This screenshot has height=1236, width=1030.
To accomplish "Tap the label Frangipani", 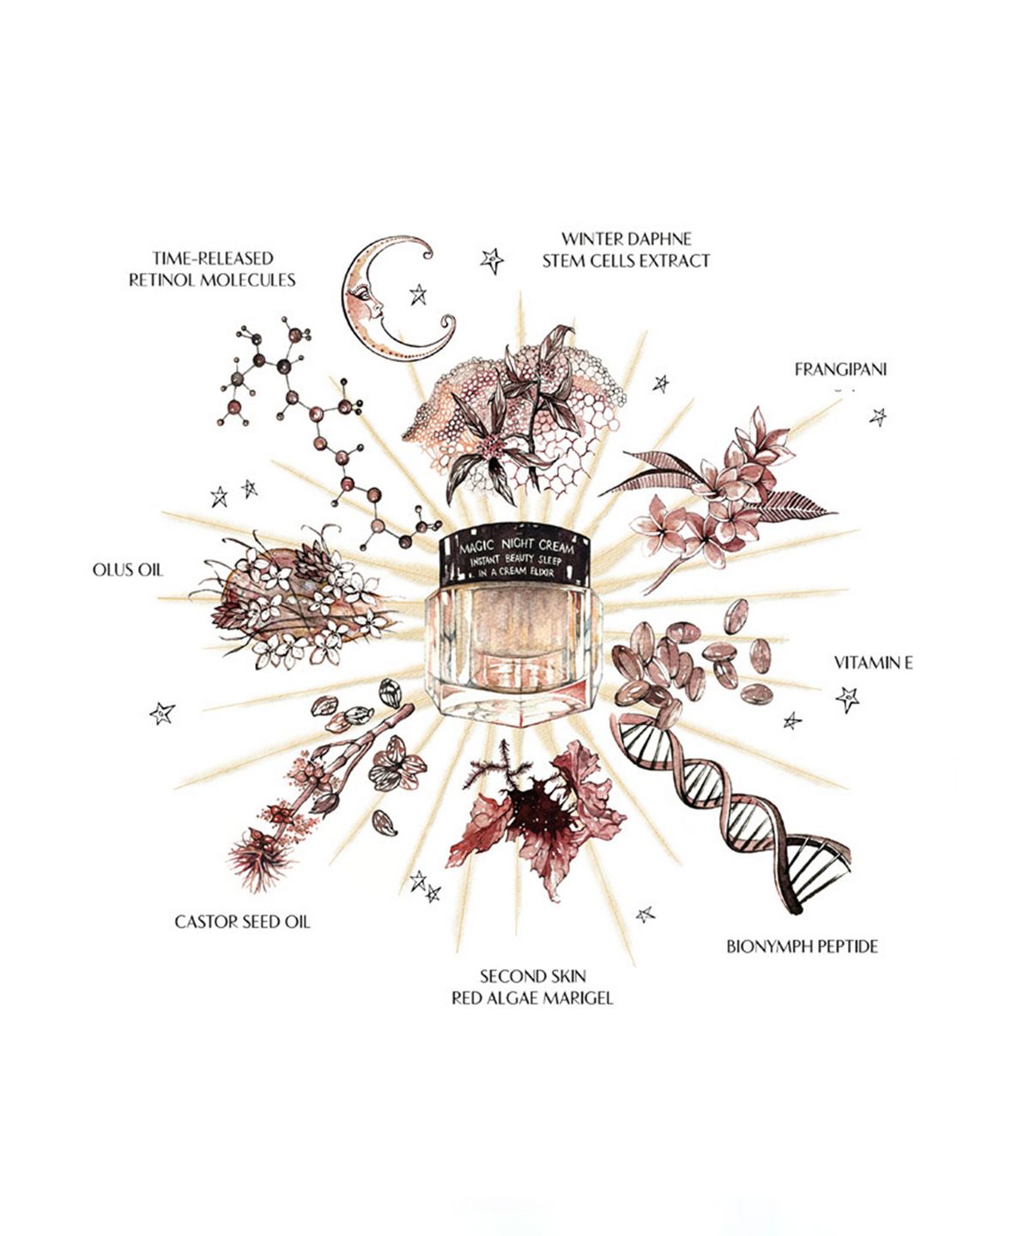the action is pos(840,370).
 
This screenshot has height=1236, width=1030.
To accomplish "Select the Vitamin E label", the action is pos(873,663).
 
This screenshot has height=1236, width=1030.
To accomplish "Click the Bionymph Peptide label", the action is pos(802,947).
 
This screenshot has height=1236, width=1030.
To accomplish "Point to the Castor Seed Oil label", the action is pos(242,922).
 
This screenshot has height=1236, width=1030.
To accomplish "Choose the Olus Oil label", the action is pos(127,570).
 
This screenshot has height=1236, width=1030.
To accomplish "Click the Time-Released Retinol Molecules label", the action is pos(213,269).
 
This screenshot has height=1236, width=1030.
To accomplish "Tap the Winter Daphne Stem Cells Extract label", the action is pos(627,250).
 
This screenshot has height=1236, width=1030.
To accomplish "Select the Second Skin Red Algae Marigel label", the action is pos(532,987).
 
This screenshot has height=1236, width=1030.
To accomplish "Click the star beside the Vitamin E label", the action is pos(848,700).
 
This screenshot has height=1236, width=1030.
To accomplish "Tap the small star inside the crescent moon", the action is pos(419,294).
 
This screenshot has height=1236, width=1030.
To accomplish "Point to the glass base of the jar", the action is pos(514,656).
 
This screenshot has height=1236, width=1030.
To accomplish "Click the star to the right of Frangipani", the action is pos(878,417).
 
